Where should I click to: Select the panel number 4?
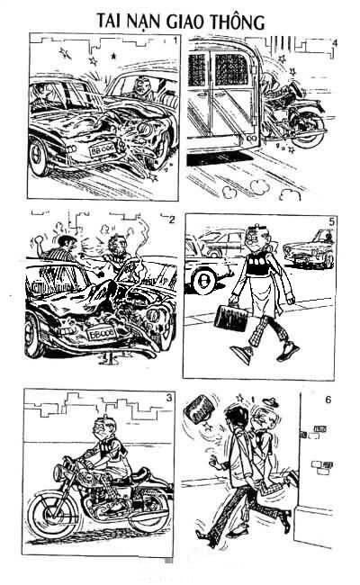335,42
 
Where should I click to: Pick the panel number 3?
170,398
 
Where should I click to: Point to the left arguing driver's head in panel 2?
62,243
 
